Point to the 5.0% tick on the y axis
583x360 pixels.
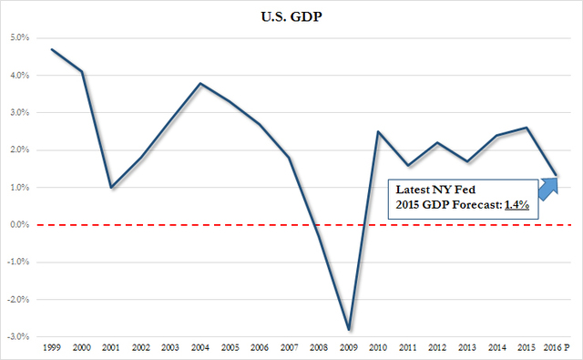pos(19,38)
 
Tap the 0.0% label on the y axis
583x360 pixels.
pos(19,225)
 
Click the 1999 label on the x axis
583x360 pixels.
pos(51,348)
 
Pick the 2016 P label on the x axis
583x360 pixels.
pos(557,348)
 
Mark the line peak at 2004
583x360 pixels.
pos(200,84)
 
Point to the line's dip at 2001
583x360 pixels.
pos(111,188)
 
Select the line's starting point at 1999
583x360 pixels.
pos(52,49)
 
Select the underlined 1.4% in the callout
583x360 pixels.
pos(516,207)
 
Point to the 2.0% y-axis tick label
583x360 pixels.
pos(19,150)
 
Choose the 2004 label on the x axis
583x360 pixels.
pos(200,348)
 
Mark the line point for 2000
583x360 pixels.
pos(82,72)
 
